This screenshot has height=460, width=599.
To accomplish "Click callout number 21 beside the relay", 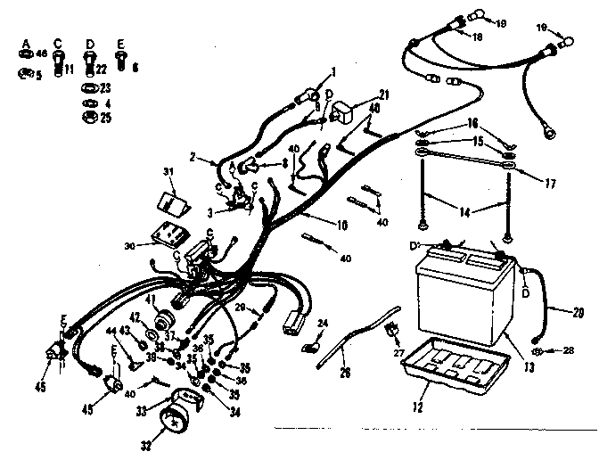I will click(x=384, y=94).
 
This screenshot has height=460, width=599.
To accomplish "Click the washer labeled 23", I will click(x=90, y=88).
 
